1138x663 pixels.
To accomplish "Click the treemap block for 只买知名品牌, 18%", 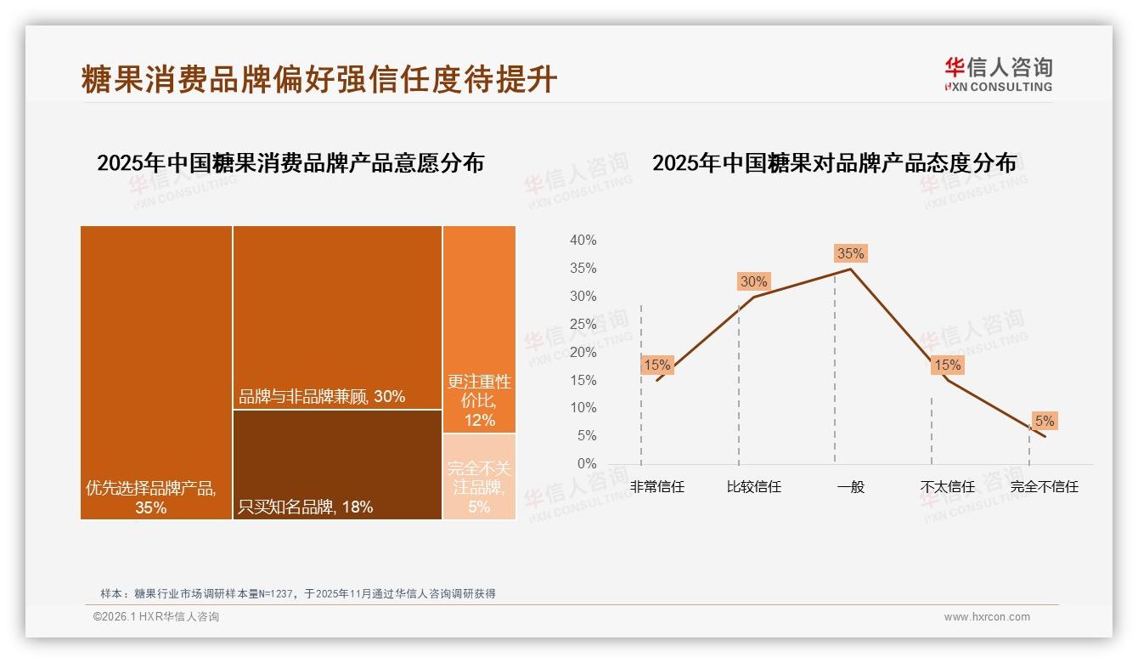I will pos(337,464).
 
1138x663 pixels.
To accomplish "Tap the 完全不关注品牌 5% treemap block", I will pos(479,476).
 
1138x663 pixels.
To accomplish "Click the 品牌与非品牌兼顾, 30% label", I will pos(322,396).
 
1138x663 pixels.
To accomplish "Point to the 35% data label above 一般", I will pos(850,253).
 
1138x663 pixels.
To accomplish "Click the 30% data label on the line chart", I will pos(753,281).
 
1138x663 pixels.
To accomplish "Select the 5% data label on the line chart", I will pos(1045,421).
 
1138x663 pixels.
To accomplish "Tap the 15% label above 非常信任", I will pos(656,365).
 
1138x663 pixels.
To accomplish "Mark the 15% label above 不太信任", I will pos(947,365).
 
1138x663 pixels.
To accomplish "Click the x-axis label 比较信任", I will pos(753,487).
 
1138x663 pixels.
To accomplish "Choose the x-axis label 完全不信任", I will pos(1044,487).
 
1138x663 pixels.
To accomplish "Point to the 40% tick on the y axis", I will pos(583,241).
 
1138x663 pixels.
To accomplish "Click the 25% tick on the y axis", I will pos(583,324).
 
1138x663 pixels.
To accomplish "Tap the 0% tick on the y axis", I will pos(587,463).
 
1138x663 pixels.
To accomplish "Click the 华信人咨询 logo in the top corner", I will pos(998,75).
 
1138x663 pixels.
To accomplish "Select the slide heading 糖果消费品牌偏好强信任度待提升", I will pos(319,79).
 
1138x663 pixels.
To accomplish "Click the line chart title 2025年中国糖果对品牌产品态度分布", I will pos(834,163).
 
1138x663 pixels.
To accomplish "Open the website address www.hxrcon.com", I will pos(987,617).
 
